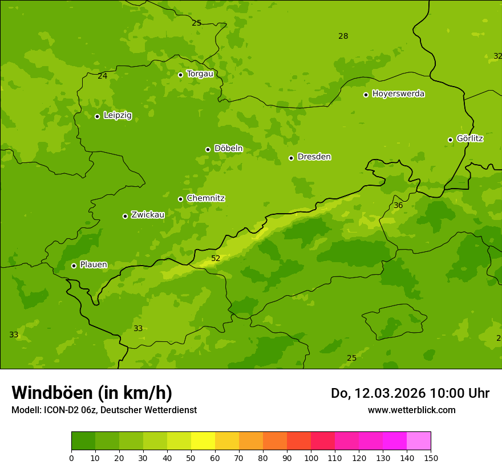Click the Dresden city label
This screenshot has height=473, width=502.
[314, 157]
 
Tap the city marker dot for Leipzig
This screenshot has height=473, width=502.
[97, 116]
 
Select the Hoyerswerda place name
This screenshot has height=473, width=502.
[398, 94]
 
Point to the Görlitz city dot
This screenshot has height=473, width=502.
[450, 140]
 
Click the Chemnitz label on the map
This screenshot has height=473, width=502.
[205, 198]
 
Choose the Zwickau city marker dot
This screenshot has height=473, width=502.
[125, 216]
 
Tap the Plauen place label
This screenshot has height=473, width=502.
[94, 265]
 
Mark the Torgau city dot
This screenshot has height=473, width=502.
[180, 75]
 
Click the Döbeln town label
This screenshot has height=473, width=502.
[228, 149]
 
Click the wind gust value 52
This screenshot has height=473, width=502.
[216, 259]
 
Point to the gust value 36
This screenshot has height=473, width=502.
[398, 206]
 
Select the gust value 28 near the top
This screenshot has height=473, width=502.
[343, 36]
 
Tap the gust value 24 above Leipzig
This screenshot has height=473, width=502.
[102, 76]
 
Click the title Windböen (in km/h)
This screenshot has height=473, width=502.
[92, 393]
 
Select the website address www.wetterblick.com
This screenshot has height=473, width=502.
[411, 410]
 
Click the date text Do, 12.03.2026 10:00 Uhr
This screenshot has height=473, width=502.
[410, 393]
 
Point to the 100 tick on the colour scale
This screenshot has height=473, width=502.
[311, 458]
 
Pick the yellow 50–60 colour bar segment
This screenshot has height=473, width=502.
[203, 441]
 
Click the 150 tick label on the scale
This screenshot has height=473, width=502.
[430, 458]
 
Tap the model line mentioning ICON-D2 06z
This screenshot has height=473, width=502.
[104, 410]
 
